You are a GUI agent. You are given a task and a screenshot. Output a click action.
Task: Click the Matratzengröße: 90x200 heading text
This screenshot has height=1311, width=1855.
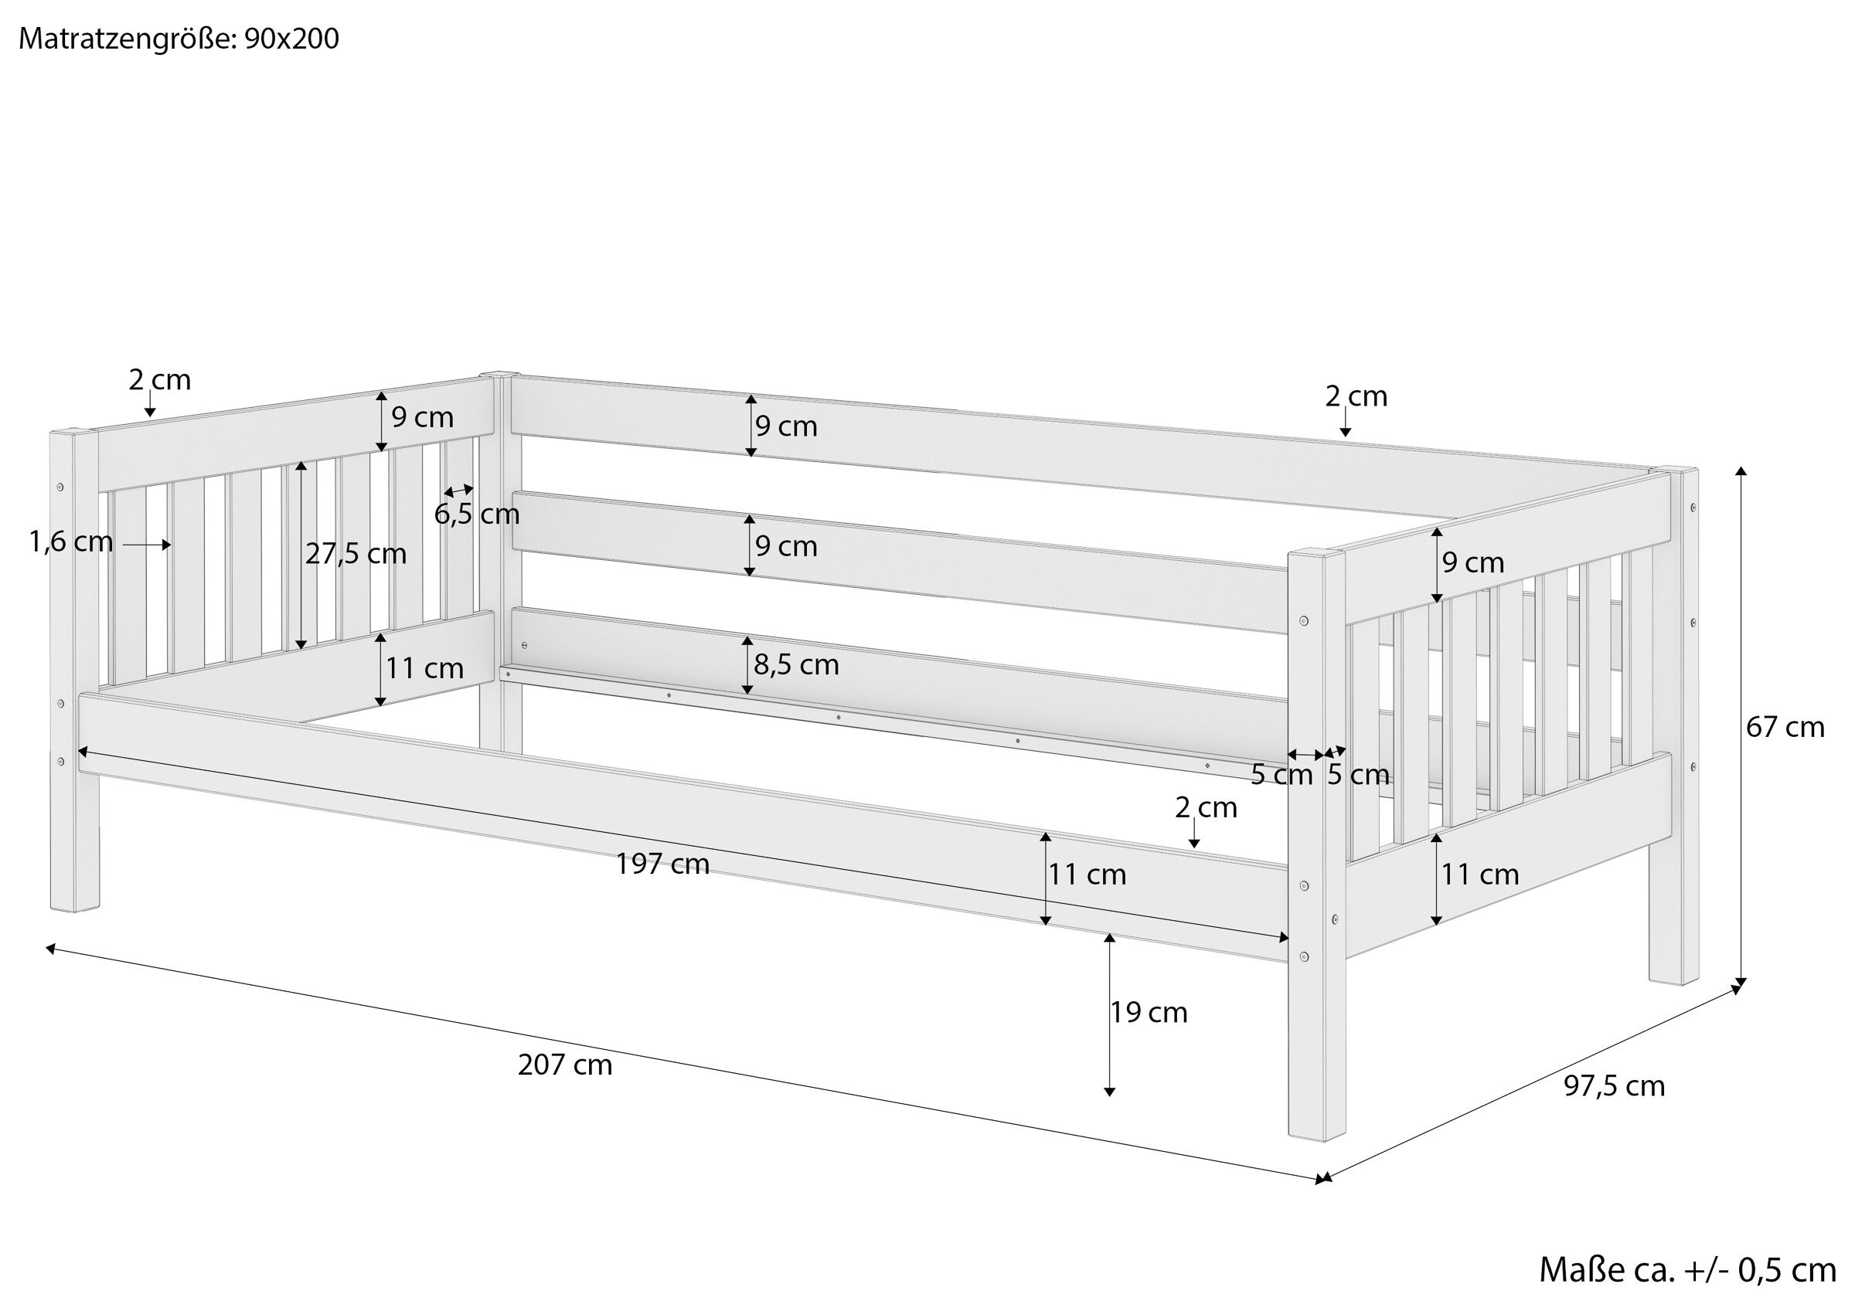tap(179, 39)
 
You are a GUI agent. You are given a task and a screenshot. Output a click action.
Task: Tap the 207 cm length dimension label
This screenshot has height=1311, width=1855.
tap(565, 1065)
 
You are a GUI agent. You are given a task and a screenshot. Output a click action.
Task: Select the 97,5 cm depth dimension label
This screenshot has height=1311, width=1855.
tap(1615, 1085)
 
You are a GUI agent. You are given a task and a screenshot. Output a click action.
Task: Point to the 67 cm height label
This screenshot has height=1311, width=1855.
tap(1785, 727)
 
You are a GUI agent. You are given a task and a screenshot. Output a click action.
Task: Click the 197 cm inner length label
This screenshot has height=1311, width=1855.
tap(662, 864)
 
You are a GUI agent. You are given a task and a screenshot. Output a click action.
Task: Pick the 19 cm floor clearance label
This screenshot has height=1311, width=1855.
tap(1148, 1012)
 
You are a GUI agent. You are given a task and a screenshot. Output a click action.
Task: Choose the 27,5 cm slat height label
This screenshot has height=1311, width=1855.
tap(356, 553)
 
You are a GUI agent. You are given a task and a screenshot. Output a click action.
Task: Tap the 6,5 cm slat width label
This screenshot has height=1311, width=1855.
tap(477, 514)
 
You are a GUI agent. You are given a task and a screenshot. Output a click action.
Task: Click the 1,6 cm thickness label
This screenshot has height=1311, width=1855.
tap(71, 542)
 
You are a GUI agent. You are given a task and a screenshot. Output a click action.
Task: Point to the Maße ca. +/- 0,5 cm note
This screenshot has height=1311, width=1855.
tap(1687, 1270)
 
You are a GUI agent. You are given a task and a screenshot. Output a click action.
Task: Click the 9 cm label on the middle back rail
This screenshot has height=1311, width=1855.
tap(786, 546)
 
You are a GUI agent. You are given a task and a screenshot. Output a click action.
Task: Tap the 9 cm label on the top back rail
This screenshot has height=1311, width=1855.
tap(786, 426)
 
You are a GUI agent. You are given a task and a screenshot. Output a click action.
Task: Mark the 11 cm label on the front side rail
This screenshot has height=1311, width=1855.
tap(1087, 874)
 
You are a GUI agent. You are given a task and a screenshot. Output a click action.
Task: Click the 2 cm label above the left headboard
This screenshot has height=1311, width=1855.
tap(159, 379)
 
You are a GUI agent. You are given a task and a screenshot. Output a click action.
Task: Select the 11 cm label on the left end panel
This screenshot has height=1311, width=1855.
tap(424, 668)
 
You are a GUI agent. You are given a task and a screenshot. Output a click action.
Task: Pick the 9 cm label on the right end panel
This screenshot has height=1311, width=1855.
tap(1473, 562)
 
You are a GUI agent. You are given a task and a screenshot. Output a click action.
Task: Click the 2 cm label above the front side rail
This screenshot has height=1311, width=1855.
tap(1206, 807)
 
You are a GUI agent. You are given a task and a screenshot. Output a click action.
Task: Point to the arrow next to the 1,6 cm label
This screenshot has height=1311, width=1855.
tap(147, 545)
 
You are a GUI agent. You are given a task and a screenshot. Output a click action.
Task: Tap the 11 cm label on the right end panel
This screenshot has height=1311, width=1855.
tap(1480, 874)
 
